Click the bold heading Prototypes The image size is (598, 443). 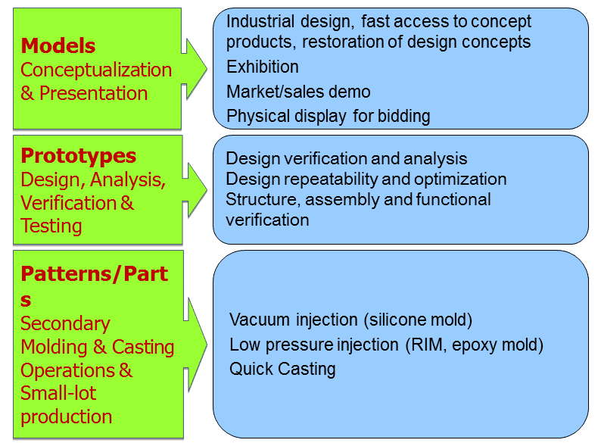79,156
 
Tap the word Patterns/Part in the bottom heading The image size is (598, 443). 95,274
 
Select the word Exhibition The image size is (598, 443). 263,67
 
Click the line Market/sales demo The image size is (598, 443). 298,92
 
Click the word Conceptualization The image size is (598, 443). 96,70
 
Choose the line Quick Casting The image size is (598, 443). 282,369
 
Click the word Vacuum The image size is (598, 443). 259,320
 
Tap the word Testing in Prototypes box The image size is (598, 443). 51,226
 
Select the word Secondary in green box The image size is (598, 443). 65,323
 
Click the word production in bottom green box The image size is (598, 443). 66,416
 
